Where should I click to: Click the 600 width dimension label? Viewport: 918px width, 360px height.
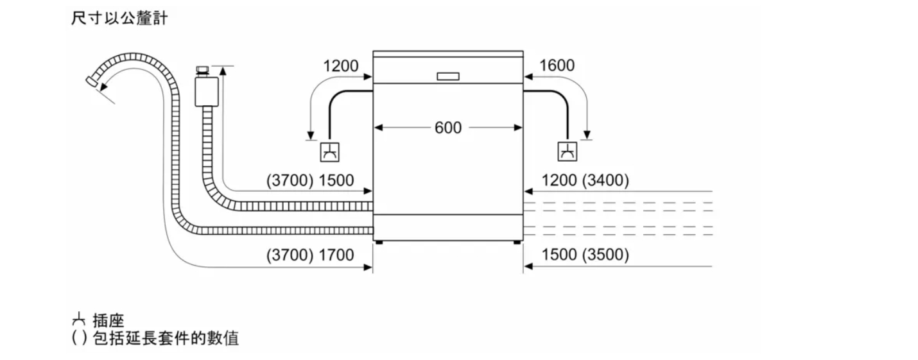(x=448, y=128)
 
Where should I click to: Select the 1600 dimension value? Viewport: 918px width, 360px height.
(x=557, y=65)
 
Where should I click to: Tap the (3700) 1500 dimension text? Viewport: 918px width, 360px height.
(x=310, y=180)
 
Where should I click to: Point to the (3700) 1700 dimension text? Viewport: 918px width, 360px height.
(x=310, y=255)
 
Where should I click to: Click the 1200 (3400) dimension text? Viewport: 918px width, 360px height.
(x=585, y=180)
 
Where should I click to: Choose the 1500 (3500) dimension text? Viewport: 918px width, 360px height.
(x=585, y=255)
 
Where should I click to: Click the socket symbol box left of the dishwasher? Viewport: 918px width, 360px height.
(x=329, y=152)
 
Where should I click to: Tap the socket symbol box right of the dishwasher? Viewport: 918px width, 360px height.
(x=567, y=151)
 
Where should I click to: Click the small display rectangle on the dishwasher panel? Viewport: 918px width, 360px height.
(x=448, y=76)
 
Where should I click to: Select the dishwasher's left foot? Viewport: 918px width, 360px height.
(x=379, y=243)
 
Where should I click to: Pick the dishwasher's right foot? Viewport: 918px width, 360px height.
(x=517, y=243)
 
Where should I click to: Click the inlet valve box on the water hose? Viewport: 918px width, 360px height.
(x=207, y=91)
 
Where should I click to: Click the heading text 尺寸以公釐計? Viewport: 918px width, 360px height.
(x=119, y=19)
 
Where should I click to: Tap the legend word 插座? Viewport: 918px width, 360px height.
(x=108, y=320)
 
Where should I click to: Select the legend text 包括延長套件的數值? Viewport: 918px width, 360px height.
(x=166, y=338)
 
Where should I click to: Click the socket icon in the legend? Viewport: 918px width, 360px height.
(x=78, y=319)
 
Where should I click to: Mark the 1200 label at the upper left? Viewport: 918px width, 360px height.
(x=341, y=66)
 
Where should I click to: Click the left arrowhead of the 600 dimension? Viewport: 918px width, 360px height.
(x=378, y=128)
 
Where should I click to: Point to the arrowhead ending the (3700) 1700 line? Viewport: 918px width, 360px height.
(x=368, y=268)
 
